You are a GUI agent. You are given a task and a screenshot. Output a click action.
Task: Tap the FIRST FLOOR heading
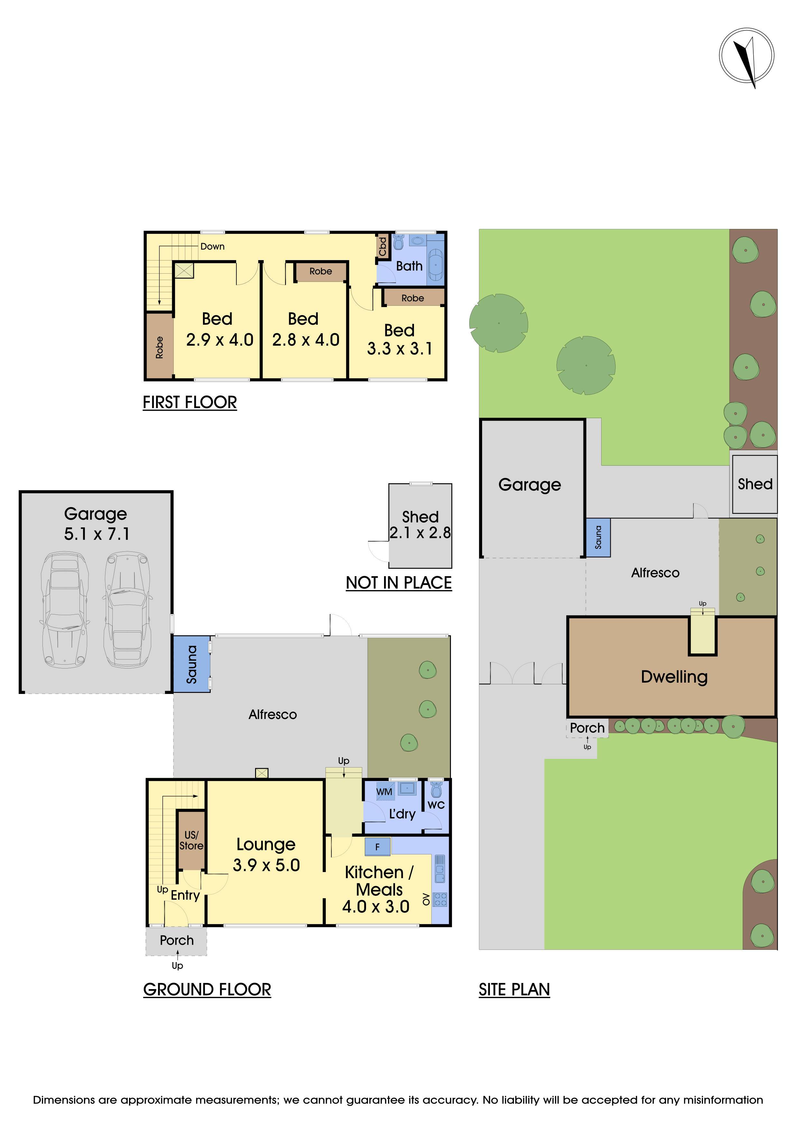190,402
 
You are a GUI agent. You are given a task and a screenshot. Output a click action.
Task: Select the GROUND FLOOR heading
207,989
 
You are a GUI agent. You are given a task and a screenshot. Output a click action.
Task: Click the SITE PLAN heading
514,989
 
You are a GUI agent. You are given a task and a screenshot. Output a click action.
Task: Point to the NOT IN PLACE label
399,583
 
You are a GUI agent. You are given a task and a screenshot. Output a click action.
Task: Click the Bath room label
409,266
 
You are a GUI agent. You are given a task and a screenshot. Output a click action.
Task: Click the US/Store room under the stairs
191,840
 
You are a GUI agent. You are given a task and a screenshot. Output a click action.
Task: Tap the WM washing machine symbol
384,791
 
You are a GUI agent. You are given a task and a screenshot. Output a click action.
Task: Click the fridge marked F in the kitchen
377,847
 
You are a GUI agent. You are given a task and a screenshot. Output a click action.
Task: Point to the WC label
436,805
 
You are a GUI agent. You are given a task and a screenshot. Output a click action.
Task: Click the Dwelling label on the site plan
674,677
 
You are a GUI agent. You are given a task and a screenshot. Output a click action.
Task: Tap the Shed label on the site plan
755,484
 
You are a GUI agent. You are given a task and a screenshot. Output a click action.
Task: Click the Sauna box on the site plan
598,537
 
